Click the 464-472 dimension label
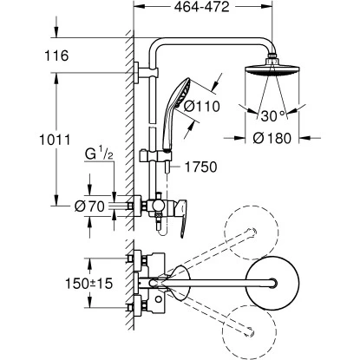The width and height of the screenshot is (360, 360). (201, 7)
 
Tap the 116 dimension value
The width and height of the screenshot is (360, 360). (56, 56)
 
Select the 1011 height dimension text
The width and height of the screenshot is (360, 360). (55, 140)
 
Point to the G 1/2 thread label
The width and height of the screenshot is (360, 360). (99, 154)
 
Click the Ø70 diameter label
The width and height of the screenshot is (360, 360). (89, 206)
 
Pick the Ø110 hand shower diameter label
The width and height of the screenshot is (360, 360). (202, 107)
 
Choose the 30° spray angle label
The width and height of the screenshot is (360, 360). (273, 115)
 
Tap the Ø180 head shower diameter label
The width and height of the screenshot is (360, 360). (272, 138)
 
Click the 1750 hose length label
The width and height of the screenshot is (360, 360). (201, 167)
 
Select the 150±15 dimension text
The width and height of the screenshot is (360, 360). (88, 284)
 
